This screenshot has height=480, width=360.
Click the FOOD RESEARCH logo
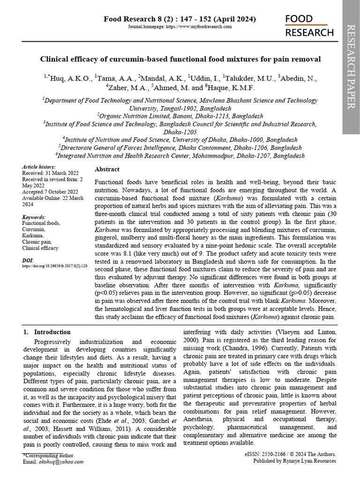309,25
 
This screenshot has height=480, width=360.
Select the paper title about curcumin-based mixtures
180,59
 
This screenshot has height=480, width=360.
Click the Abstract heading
107,169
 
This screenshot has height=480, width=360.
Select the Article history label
39,167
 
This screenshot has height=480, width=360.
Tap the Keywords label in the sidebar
34,217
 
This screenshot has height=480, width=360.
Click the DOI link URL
55,266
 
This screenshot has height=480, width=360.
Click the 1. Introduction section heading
47,332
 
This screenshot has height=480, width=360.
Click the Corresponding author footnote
48,455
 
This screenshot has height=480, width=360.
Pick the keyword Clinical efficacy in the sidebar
40,248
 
